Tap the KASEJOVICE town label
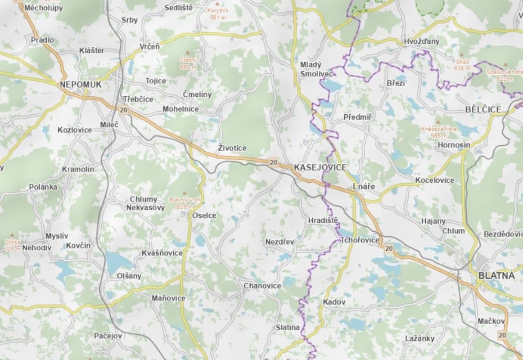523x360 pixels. point(320,167)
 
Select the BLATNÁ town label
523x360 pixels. point(496,276)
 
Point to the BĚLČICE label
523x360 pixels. point(483,110)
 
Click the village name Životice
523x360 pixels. point(232,148)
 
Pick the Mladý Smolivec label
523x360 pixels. point(316,68)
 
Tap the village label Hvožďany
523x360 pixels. point(421,41)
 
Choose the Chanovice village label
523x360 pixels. point(262,286)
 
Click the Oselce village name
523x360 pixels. point(204,216)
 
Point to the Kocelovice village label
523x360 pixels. point(434,180)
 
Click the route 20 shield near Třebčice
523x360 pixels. point(123,109)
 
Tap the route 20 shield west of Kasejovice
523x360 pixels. point(273,162)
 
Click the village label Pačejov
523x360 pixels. point(108,336)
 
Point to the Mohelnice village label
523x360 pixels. point(180,109)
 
